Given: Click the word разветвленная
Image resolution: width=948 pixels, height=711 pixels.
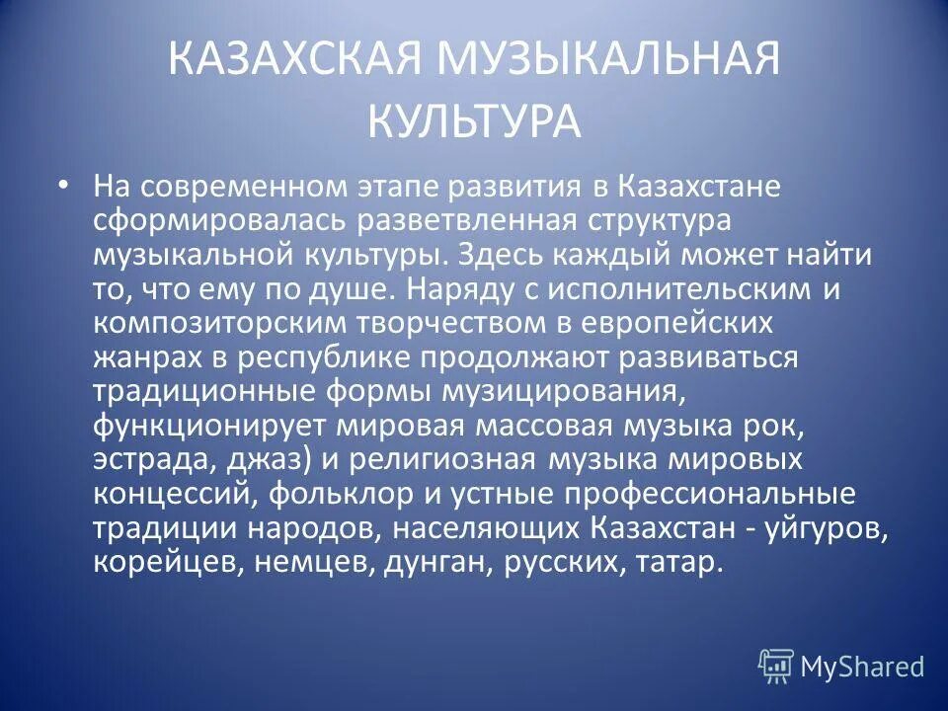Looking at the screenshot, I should click(x=434, y=221).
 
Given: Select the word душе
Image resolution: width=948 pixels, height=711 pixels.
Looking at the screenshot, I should click(x=356, y=289).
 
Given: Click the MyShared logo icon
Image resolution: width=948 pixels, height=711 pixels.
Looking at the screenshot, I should click(x=776, y=665).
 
